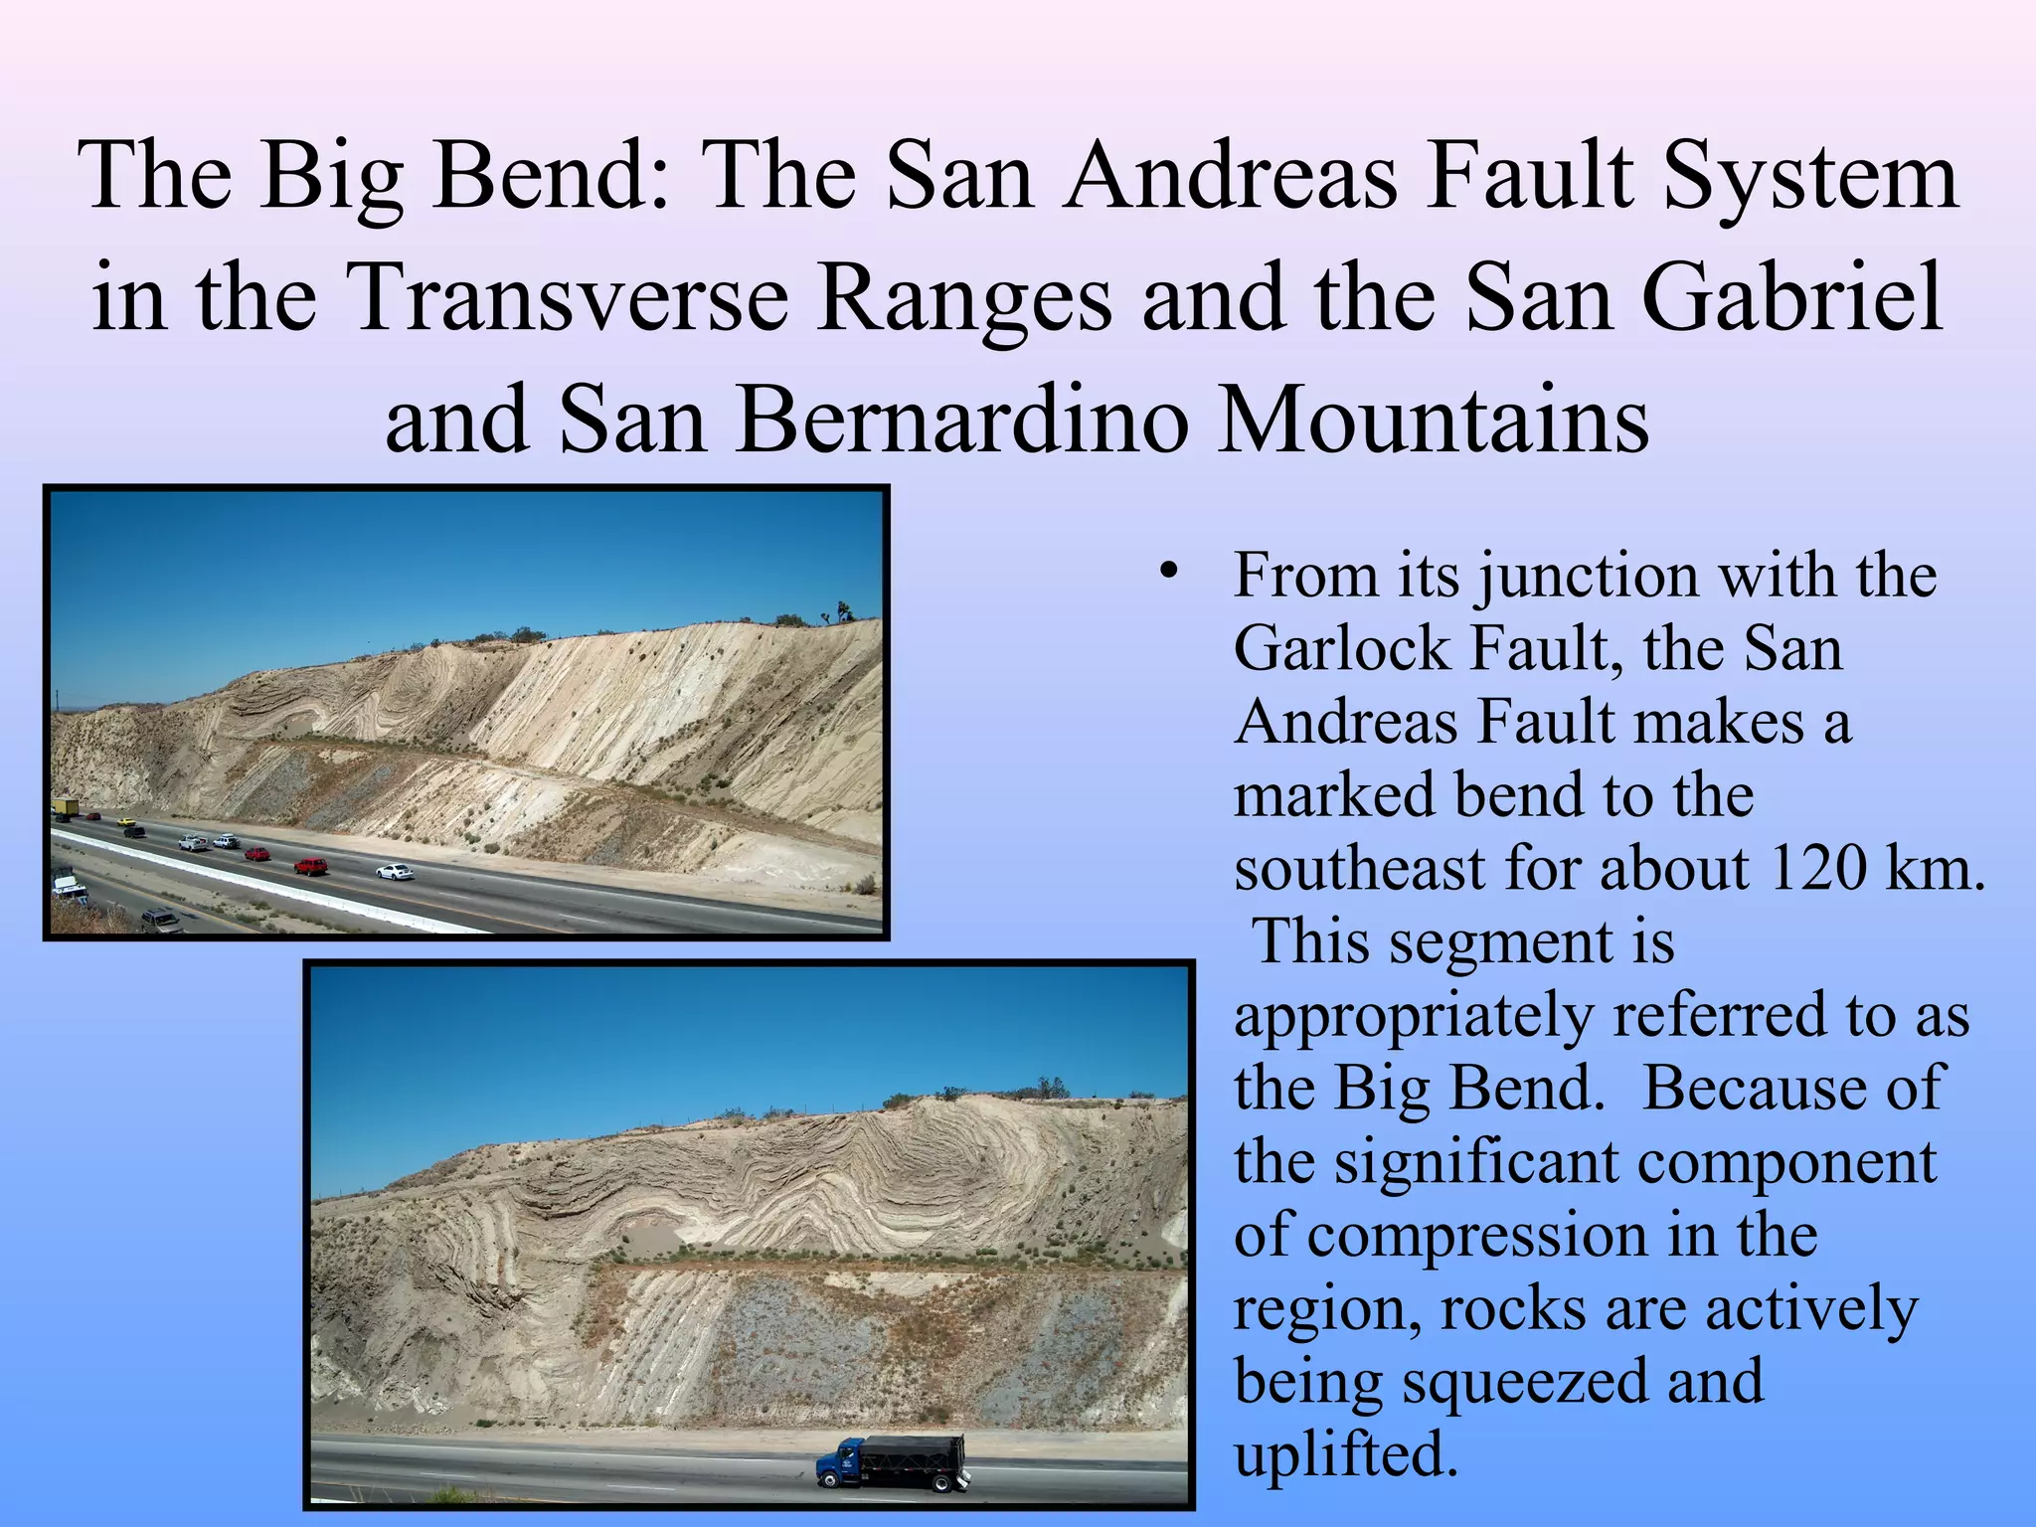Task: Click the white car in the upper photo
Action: click(x=394, y=872)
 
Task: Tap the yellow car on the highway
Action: click(x=126, y=821)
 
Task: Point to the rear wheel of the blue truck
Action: click(x=939, y=1484)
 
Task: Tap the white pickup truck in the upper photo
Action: click(x=193, y=843)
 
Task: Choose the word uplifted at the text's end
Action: click(x=1345, y=1455)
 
